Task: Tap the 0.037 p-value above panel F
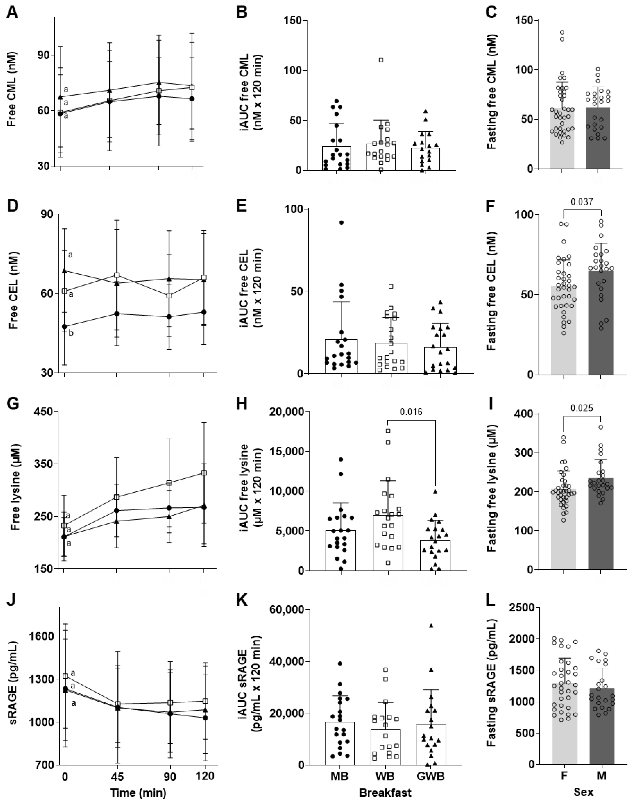click(x=582, y=202)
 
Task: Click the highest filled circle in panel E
click(x=341, y=222)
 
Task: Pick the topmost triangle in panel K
click(x=431, y=626)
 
